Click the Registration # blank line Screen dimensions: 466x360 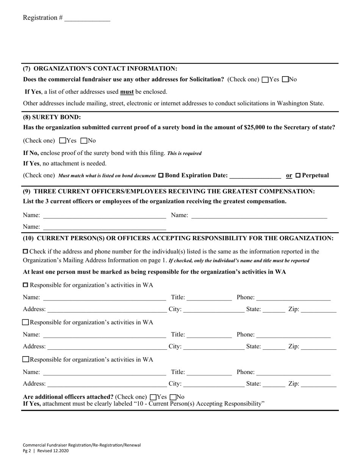coord(87,18)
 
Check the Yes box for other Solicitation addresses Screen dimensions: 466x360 coord(265,80)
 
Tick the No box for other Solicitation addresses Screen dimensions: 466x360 coord(286,80)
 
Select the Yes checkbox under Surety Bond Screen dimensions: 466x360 coord(63,141)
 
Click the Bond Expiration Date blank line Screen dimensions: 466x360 coord(255,175)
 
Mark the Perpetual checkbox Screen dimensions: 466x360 coord(297,175)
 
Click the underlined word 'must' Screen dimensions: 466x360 coord(127,92)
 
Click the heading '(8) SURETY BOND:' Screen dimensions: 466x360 coord(52,117)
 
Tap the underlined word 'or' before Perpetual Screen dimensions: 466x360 coord(289,175)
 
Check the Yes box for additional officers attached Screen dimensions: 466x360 coord(153,397)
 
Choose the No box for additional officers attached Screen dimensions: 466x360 coord(173,397)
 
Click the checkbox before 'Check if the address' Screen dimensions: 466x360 coord(25,251)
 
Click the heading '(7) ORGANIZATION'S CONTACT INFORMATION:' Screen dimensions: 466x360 coord(100,69)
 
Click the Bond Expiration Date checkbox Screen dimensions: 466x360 coord(161,175)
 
